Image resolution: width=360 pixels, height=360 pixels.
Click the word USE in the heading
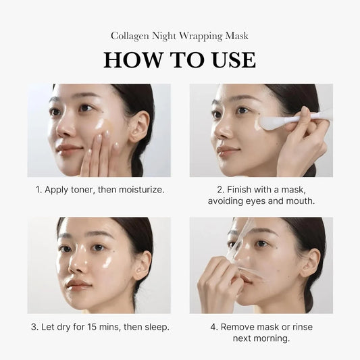(x=229, y=59)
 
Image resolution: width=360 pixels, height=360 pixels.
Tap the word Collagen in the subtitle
(x=130, y=36)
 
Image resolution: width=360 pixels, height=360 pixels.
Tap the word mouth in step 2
(x=298, y=201)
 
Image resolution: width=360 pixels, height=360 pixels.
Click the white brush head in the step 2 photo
(x=271, y=123)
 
